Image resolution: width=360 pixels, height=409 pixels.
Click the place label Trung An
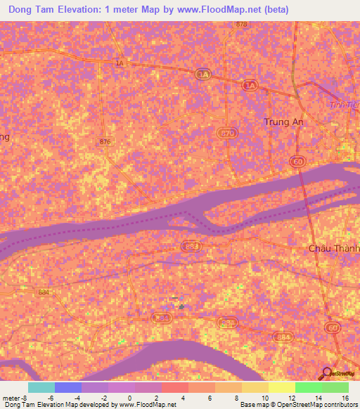283,122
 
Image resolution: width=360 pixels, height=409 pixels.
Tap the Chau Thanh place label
334,248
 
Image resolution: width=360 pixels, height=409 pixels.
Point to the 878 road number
242,25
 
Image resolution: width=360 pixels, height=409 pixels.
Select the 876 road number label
105,142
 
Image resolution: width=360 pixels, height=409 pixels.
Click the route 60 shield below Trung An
297,162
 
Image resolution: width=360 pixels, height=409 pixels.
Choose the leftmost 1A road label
120,63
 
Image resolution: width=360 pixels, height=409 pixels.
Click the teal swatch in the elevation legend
41,387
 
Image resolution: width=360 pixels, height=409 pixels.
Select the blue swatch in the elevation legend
68,387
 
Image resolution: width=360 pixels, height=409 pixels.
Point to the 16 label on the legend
345,398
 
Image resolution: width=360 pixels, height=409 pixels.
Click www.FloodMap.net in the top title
216,9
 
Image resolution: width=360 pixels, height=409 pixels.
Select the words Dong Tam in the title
32,9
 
